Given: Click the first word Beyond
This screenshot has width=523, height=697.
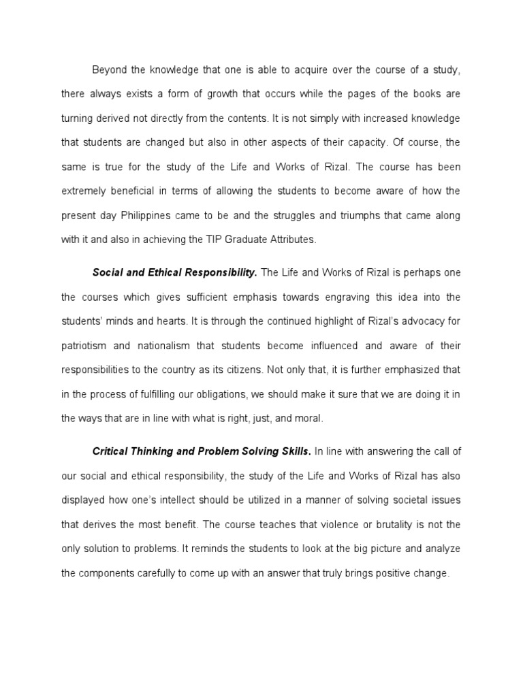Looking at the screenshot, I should coord(109,70).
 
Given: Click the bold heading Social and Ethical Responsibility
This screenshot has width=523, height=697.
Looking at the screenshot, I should coord(174,273).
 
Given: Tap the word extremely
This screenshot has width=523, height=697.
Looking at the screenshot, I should coord(86,191).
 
